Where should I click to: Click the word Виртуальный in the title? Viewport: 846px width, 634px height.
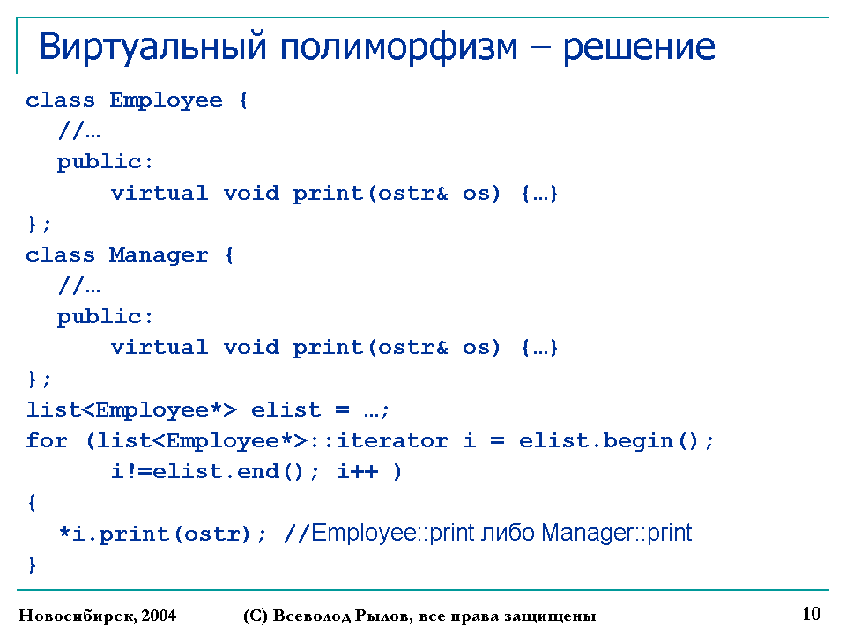pyautogui.click(x=153, y=48)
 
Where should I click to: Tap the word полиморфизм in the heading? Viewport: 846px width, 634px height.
pyautogui.click(x=398, y=48)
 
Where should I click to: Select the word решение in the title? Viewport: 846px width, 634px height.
pyautogui.click(x=640, y=48)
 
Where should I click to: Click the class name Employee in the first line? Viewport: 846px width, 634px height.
pyautogui.click(x=166, y=100)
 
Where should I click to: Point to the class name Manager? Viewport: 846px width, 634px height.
pyautogui.click(x=159, y=255)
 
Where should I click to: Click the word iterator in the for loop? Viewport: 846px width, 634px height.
pyautogui.click(x=392, y=440)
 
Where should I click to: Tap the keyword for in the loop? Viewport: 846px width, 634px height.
pyautogui.click(x=47, y=440)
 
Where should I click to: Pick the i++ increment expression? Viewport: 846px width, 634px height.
pyautogui.click(x=358, y=472)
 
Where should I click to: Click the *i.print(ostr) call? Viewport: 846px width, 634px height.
pyautogui.click(x=155, y=534)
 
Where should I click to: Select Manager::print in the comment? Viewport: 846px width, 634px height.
pyautogui.click(x=616, y=533)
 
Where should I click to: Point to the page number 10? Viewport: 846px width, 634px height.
pyautogui.click(x=812, y=614)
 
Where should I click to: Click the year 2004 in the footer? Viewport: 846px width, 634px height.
pyautogui.click(x=159, y=616)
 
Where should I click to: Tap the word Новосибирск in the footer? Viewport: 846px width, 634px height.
pyautogui.click(x=78, y=616)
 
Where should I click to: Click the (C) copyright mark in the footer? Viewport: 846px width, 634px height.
pyautogui.click(x=256, y=616)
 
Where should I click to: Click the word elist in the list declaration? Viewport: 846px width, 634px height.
pyautogui.click(x=286, y=409)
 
